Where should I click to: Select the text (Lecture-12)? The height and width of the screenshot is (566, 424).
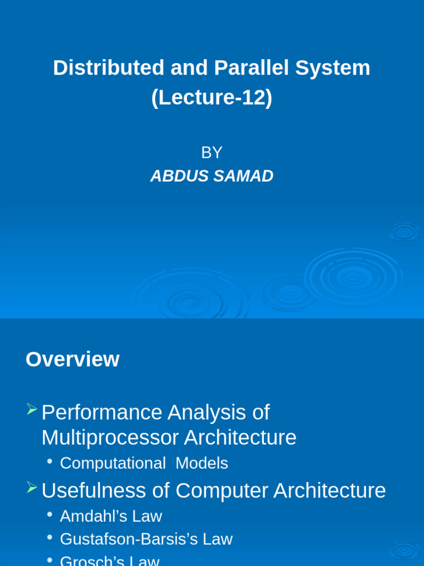click(x=211, y=97)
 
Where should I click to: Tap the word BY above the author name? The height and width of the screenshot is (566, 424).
click(x=211, y=153)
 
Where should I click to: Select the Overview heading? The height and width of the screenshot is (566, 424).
click(x=72, y=359)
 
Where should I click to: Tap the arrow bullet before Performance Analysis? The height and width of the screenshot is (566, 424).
click(x=31, y=410)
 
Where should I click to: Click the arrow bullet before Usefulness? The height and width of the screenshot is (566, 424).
click(x=31, y=488)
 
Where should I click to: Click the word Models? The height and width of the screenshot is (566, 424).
click(x=202, y=463)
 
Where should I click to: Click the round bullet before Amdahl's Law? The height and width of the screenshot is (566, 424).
click(x=50, y=514)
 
